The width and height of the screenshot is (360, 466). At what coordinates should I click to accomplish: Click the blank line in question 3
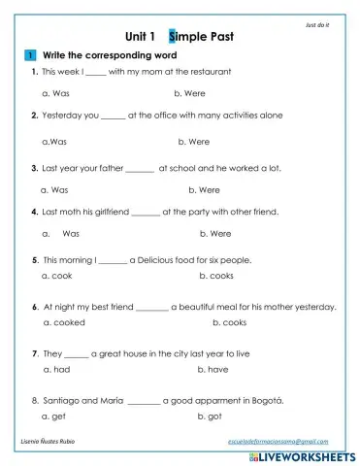140,168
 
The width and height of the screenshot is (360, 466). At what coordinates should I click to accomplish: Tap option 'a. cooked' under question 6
64,322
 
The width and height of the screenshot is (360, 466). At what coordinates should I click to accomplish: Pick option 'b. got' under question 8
209,416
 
